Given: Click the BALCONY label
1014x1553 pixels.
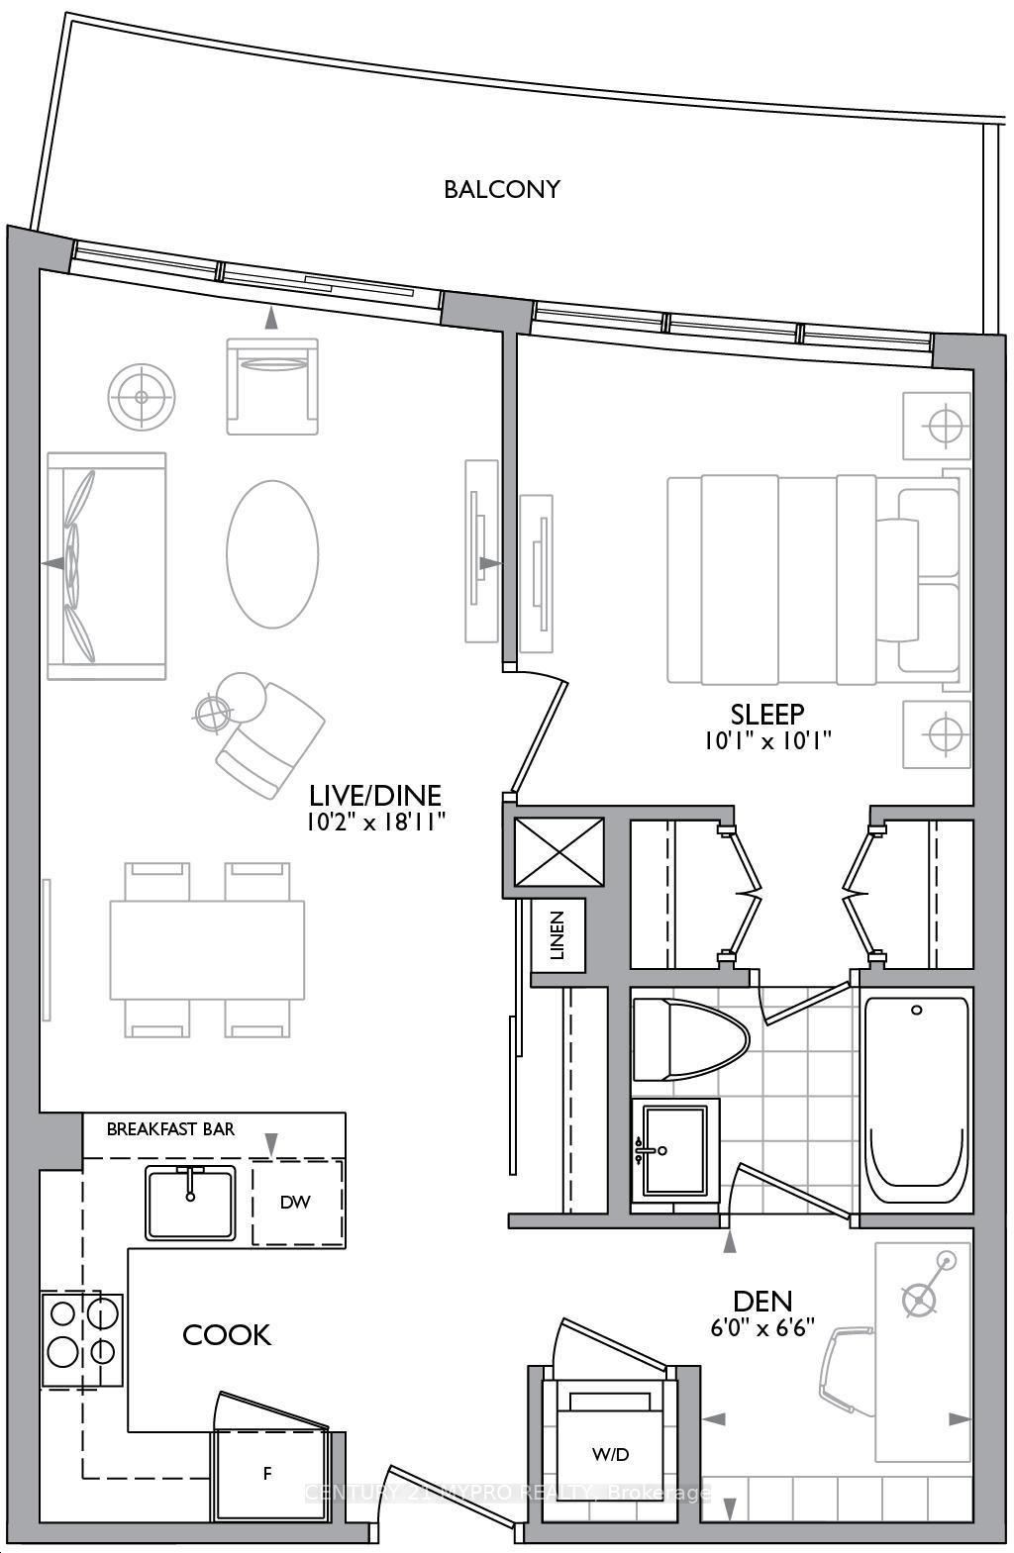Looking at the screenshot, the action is [502, 189].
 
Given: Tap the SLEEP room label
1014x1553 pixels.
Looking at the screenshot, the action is [766, 714].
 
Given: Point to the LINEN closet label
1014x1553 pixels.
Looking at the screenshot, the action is [558, 935].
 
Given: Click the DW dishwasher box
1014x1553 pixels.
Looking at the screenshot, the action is [296, 1203].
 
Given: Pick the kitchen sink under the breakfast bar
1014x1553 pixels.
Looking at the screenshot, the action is [191, 1202].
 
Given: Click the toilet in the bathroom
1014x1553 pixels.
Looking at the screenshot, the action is [687, 1038].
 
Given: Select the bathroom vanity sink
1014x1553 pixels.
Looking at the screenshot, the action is [674, 1148].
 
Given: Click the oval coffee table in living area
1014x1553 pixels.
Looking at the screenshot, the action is [272, 553].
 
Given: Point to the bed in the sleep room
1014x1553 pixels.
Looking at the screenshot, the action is [812, 579].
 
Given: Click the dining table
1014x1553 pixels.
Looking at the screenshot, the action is [207, 949].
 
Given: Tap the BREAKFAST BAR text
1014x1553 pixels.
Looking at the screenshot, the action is [170, 1129].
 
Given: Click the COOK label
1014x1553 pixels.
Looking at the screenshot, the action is [227, 1335].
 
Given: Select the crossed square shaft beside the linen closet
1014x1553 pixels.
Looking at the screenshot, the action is [559, 851].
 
